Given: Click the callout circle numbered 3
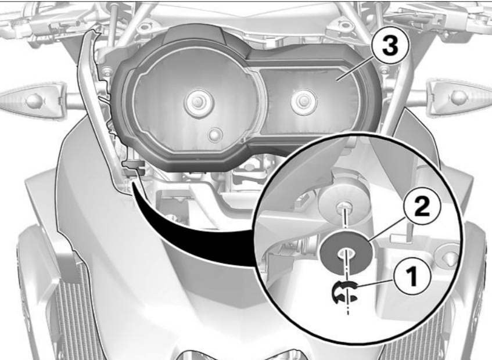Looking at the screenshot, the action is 390,46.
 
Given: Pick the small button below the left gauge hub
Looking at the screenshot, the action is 215,135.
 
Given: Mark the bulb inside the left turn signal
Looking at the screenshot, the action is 34,100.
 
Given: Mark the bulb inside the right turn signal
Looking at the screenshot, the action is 459,98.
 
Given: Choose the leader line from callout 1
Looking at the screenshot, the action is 375,283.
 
